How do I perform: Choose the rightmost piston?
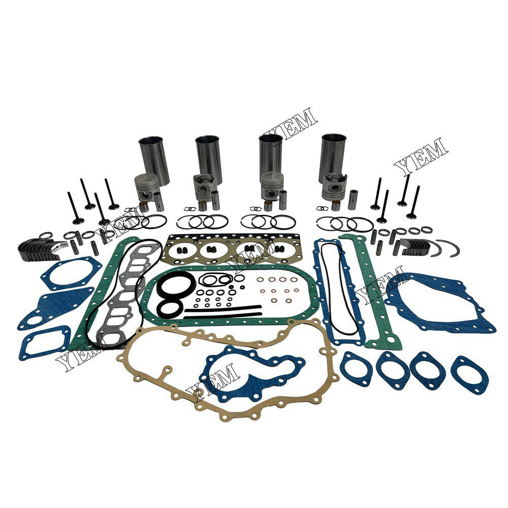click(x=333, y=188)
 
